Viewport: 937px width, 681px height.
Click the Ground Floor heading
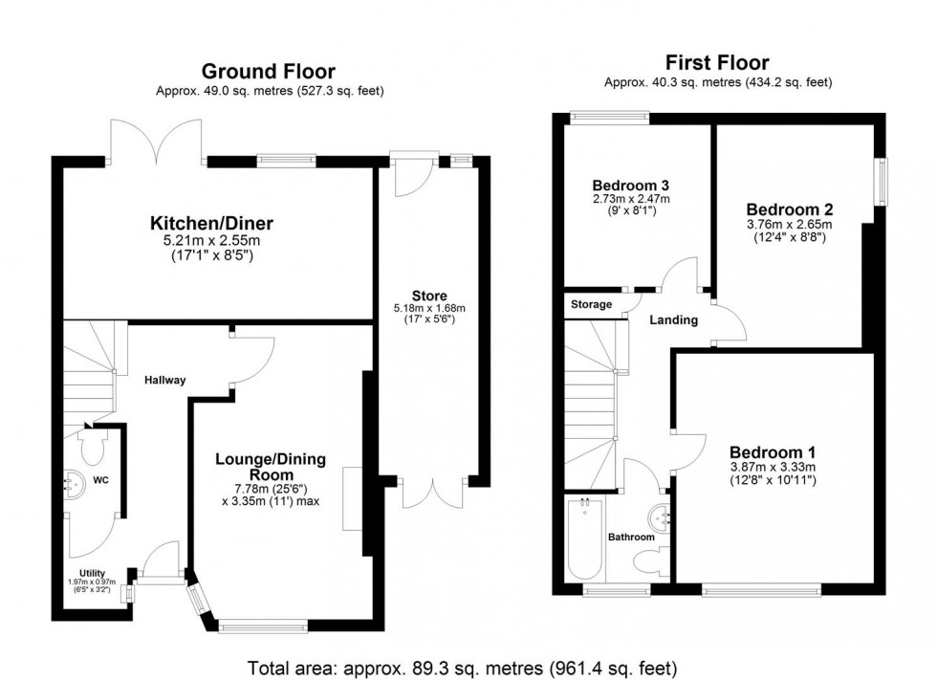click(x=268, y=71)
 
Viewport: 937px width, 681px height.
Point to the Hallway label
click(x=165, y=380)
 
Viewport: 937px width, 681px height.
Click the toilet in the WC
click(x=94, y=447)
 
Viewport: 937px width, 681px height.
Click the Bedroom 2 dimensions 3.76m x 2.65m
click(x=790, y=225)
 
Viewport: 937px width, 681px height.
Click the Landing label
click(x=675, y=319)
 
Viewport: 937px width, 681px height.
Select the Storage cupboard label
click(x=591, y=304)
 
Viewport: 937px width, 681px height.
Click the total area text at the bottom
click(x=462, y=666)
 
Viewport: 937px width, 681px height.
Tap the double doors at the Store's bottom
click(x=435, y=492)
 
